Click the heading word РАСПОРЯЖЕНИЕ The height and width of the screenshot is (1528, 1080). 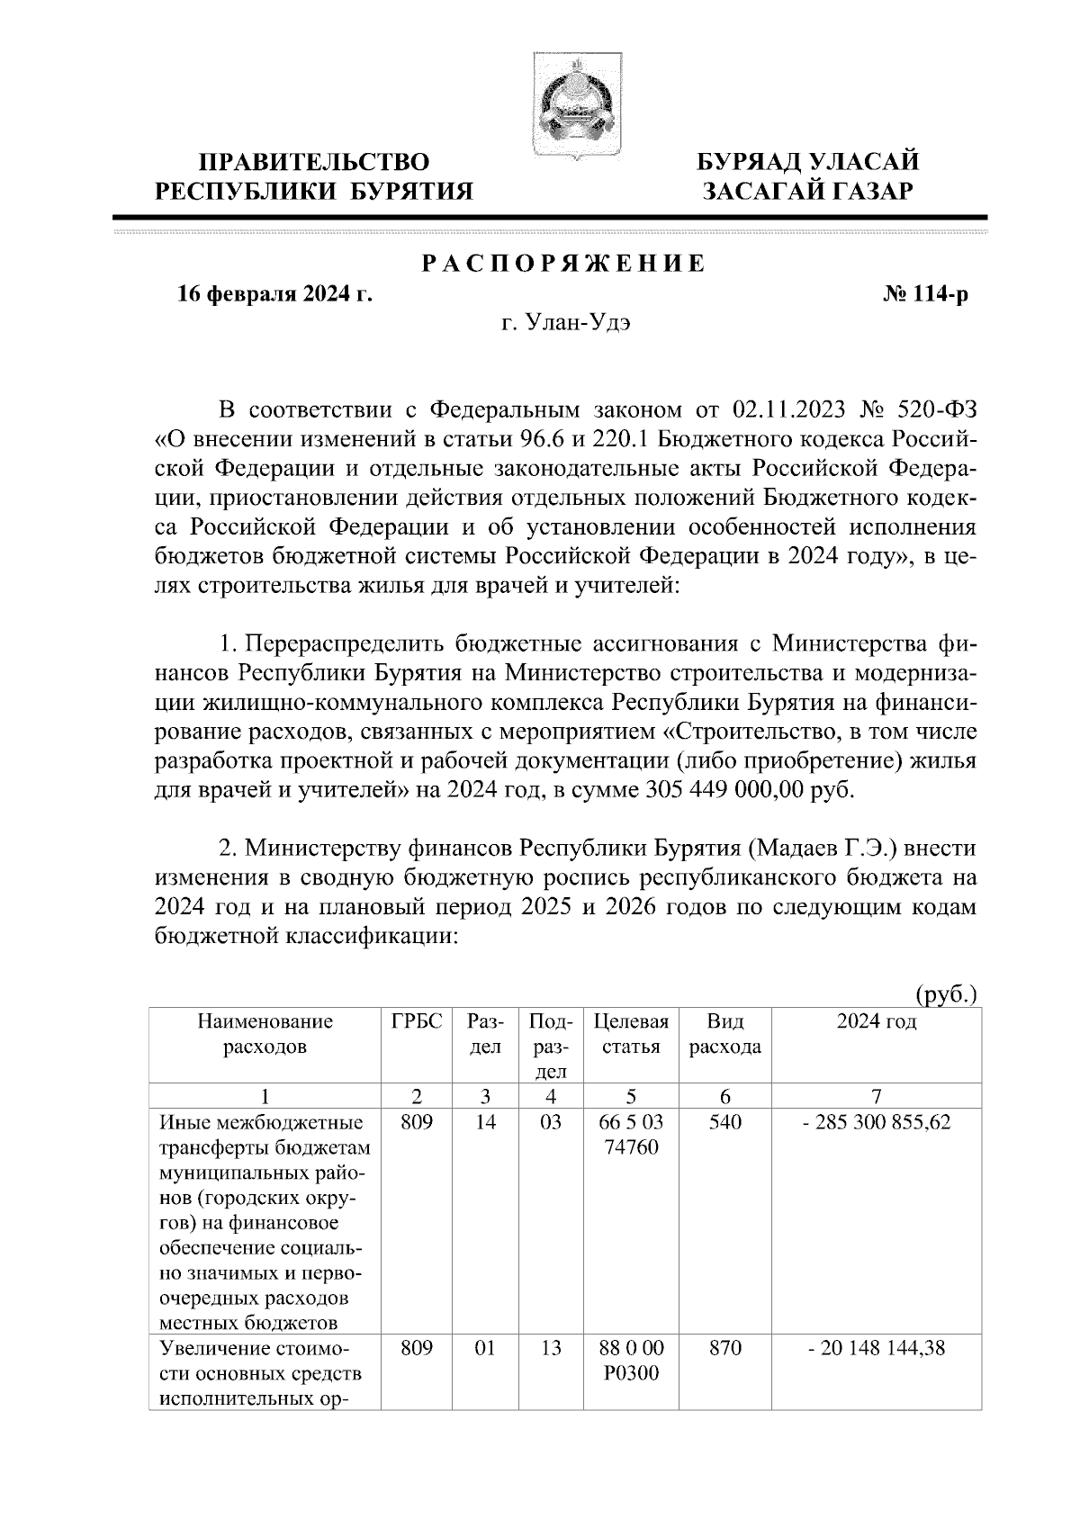pos(563,264)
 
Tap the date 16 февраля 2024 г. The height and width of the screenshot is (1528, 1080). pos(275,294)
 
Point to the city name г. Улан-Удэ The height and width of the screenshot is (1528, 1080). pos(566,324)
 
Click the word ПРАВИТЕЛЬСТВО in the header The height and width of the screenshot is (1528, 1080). pos(314,163)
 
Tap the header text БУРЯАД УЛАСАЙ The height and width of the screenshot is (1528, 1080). pos(809,163)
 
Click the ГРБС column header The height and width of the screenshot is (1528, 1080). pos(417,1021)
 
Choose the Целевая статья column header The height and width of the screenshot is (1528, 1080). pos(631,1034)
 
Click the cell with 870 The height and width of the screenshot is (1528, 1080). pos(725,1347)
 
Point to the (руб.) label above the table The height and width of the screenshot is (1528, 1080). pos(946,995)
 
